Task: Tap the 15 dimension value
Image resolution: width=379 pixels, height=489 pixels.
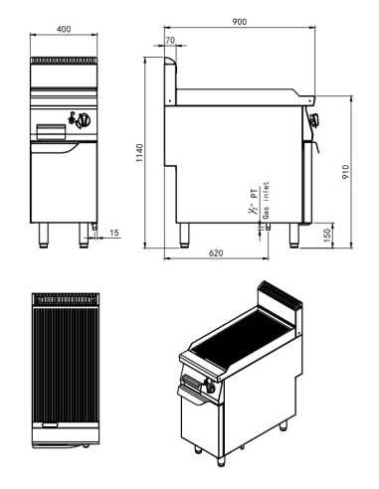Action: [114, 233]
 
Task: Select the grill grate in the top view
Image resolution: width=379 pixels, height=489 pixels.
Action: [65, 363]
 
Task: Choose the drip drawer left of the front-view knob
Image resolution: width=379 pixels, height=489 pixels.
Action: [51, 129]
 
